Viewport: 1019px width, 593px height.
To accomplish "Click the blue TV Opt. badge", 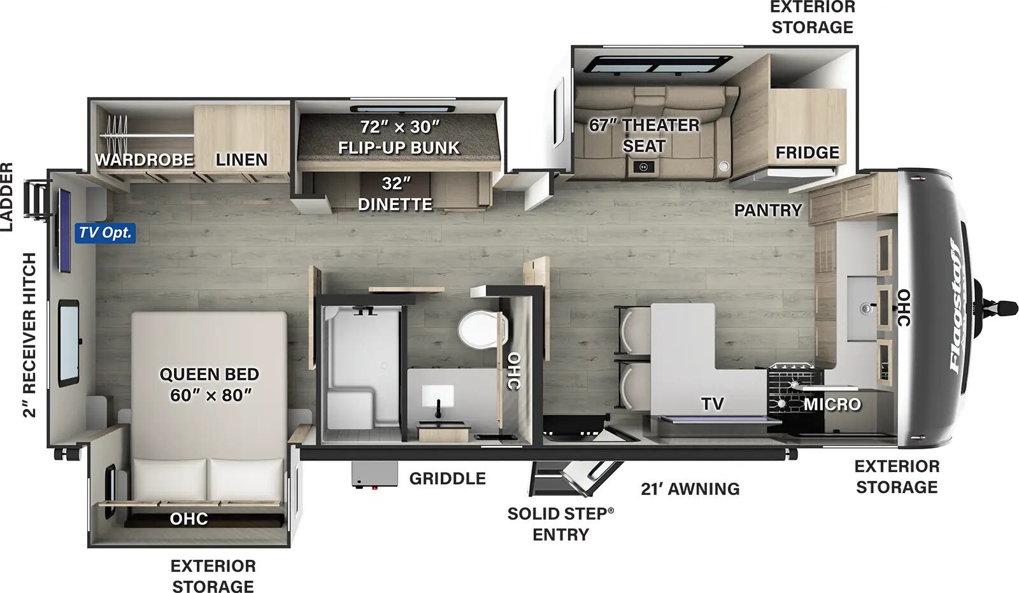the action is (105, 233).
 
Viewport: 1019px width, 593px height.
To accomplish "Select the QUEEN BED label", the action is (210, 374).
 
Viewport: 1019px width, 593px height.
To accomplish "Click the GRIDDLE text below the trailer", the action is (448, 478).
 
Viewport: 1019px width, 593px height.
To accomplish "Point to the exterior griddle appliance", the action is (374, 475).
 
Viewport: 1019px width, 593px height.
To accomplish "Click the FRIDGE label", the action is (807, 152).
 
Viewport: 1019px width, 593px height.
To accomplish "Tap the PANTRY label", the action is (768, 210).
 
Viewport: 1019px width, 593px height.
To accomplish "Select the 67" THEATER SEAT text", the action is (644, 136).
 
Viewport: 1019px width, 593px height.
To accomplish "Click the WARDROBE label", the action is (144, 160).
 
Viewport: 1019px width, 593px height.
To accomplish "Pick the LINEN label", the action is (241, 160).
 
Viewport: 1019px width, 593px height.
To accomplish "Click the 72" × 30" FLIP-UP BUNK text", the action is (399, 137).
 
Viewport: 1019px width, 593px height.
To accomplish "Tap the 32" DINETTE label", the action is (395, 194).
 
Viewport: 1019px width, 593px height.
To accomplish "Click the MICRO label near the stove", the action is (832, 404).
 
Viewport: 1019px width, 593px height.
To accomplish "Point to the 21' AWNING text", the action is (690, 489).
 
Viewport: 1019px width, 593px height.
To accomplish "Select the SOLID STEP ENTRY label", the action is (560, 524).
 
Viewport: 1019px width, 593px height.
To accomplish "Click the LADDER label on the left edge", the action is (7, 197).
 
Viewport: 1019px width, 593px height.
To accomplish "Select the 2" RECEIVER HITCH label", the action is (29, 335).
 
